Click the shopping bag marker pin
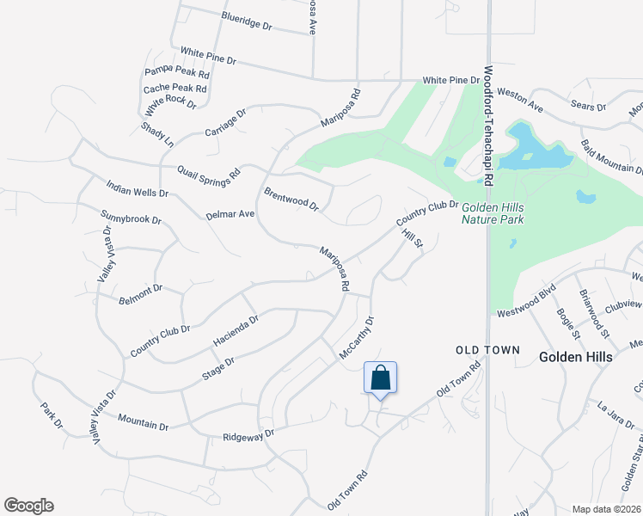[x=381, y=378]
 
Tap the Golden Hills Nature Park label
[x=493, y=213]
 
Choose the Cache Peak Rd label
[x=175, y=88]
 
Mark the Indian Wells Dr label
[x=138, y=188]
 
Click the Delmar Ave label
[x=230, y=213]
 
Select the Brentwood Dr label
[x=291, y=200]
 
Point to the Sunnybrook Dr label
[x=131, y=218]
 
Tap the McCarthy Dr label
[x=358, y=338]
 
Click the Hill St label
[x=414, y=233]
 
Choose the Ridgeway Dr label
[x=248, y=436]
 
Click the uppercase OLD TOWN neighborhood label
[x=487, y=350]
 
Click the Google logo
[x=28, y=506]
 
